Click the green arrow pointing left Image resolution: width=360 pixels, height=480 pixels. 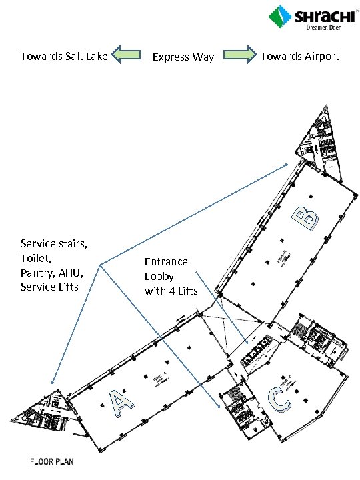pos(126,56)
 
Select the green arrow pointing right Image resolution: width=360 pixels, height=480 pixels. pos(239,56)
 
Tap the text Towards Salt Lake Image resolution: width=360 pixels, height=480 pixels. pos(64,56)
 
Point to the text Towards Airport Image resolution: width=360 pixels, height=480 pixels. pos(299,56)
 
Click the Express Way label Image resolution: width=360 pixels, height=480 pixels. pos(183,57)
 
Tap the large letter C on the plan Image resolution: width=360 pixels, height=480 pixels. pos(277,399)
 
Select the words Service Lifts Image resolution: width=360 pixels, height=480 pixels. pos(50,287)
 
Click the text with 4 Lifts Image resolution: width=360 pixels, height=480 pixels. pos(171,291)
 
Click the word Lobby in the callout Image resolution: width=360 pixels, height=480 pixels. pos(159,276)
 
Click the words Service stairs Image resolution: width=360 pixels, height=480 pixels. pos(54,243)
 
